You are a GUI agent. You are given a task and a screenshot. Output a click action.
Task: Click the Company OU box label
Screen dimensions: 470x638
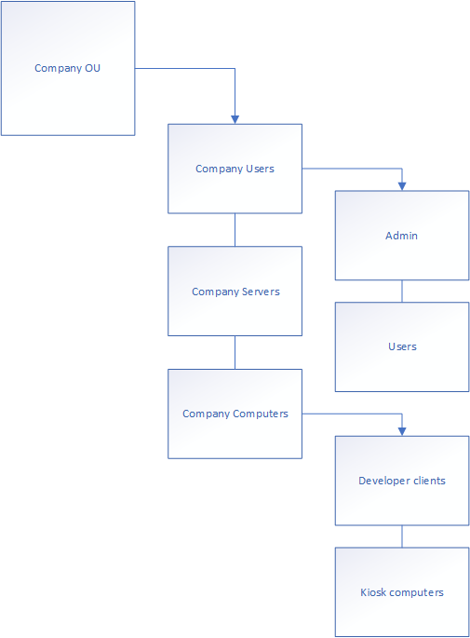pos(67,68)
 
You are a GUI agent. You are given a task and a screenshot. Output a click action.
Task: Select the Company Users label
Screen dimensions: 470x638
pos(235,169)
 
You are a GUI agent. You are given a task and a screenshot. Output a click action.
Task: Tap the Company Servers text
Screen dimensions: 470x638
pos(235,292)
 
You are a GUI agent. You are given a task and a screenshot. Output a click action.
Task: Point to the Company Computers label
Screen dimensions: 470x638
pos(235,414)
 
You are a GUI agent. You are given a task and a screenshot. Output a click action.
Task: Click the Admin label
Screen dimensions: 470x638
pos(402,236)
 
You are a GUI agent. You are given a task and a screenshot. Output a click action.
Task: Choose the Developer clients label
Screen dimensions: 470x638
pos(402,481)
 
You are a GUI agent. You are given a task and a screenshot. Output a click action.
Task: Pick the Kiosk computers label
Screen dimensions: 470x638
pos(402,592)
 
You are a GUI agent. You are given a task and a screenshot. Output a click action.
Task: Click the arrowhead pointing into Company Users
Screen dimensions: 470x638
pos(235,119)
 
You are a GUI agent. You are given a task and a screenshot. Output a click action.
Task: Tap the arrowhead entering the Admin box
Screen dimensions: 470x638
pos(402,186)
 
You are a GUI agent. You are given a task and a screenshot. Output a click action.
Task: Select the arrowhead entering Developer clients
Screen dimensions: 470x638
pos(402,432)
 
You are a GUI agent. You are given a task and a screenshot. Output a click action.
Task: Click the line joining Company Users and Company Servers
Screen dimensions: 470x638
pos(235,230)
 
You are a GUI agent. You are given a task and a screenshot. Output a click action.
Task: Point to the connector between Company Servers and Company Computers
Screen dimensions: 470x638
pos(235,352)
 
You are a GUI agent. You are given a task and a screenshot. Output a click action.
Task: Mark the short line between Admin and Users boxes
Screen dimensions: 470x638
pos(402,292)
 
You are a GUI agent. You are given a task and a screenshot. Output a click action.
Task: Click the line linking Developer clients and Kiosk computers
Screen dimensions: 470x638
pos(402,536)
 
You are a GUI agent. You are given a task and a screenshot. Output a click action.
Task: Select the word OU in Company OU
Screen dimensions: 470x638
pos(93,68)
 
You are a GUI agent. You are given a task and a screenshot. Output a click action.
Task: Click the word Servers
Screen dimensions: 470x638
pos(261,292)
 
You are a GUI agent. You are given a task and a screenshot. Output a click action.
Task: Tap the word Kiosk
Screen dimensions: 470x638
pos(373,592)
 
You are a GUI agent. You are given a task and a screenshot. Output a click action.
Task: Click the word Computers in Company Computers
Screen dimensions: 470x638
pos(261,414)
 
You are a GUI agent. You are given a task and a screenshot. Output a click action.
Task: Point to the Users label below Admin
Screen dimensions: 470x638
pos(402,346)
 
